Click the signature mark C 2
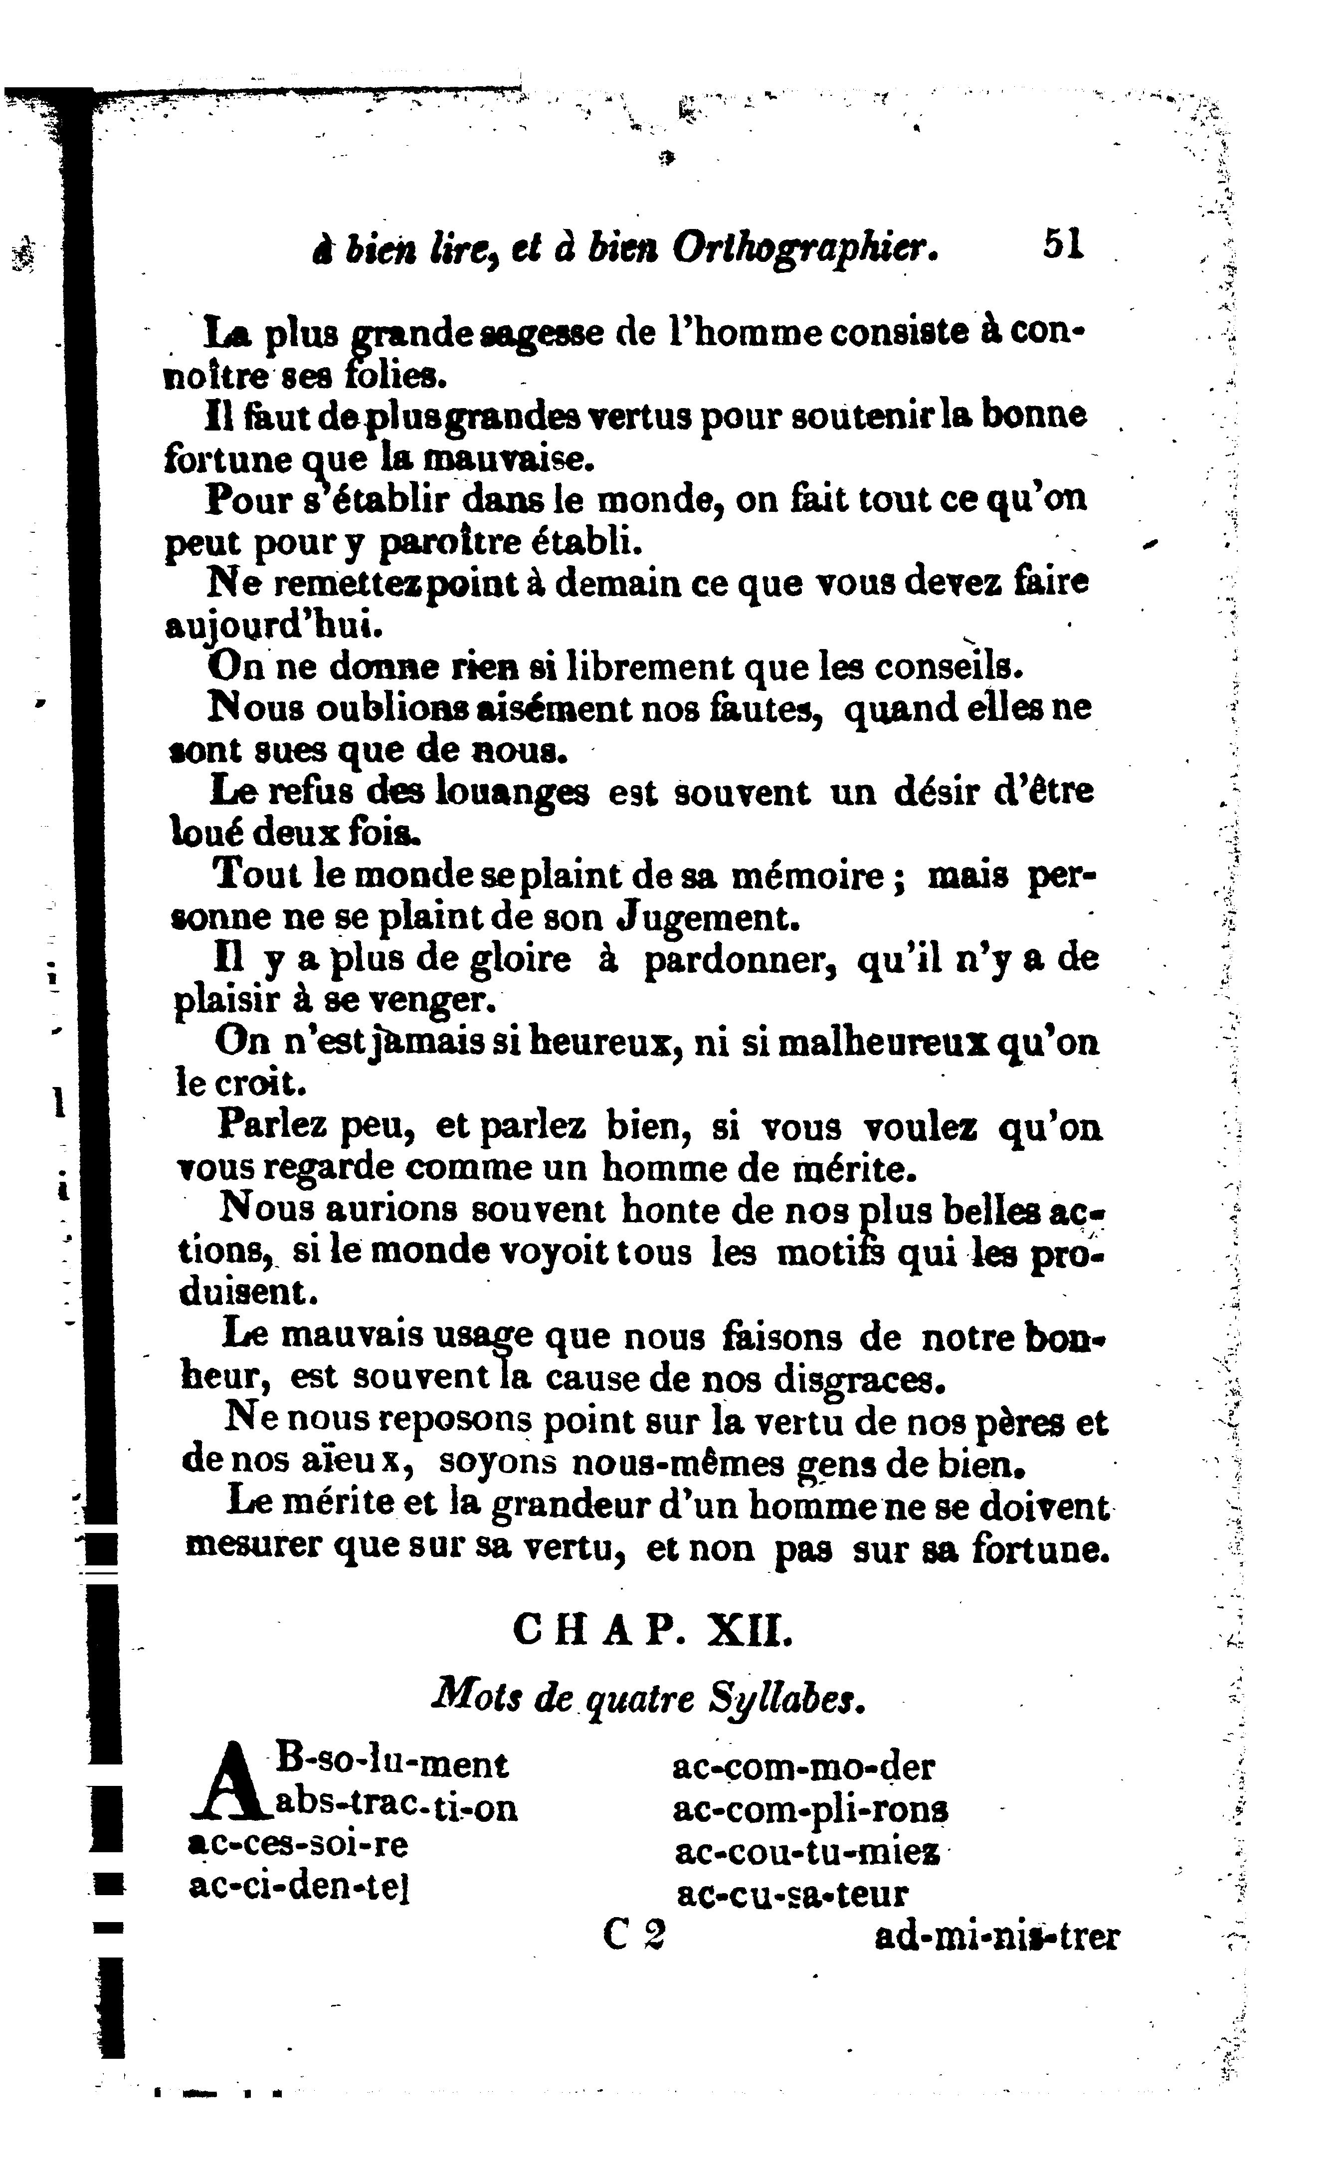(x=634, y=1936)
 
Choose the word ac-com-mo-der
(x=803, y=1767)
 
